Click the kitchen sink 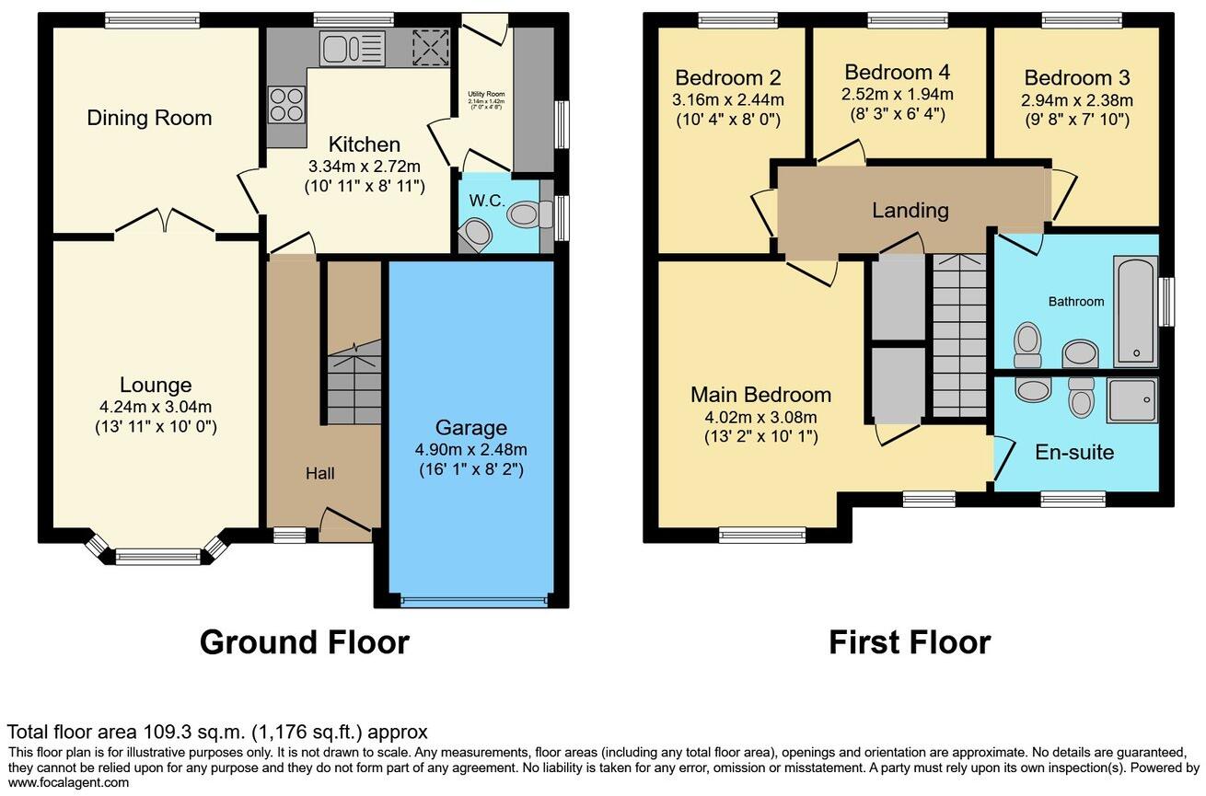click(x=352, y=48)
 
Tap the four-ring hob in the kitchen click(x=286, y=103)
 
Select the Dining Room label click(x=149, y=118)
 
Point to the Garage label click(x=471, y=427)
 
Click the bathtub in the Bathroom click(x=1135, y=312)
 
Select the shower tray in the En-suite click(x=1132, y=398)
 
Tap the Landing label click(x=910, y=210)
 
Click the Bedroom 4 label click(x=897, y=72)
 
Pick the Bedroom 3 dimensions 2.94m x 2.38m click(x=1077, y=99)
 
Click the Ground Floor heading click(x=304, y=641)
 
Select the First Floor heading click(x=910, y=641)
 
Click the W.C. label click(x=487, y=200)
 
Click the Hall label click(x=319, y=473)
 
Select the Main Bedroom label click(x=760, y=395)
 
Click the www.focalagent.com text click(x=69, y=782)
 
